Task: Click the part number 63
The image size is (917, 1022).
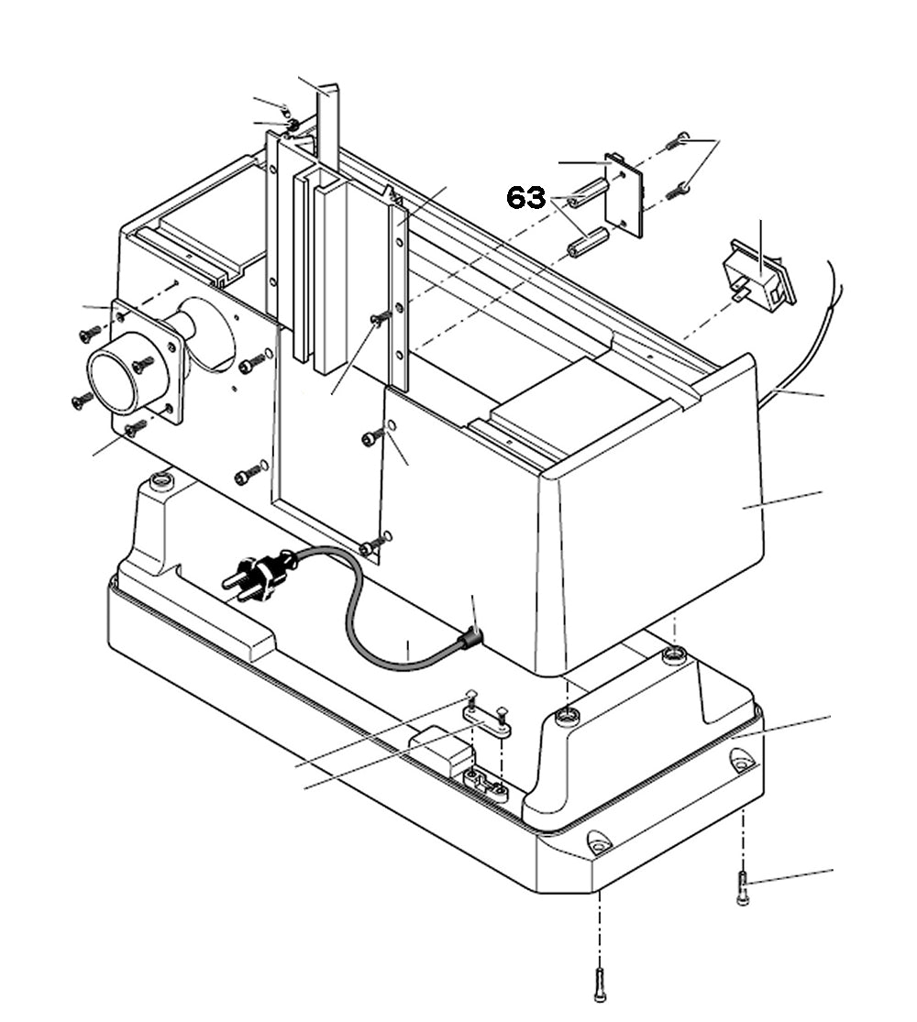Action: pos(526,198)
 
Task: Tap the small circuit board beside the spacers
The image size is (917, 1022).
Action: pos(624,193)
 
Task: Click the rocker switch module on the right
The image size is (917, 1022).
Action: pos(758,276)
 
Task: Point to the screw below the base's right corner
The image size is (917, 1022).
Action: pos(743,888)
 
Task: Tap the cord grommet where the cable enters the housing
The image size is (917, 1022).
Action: pos(471,638)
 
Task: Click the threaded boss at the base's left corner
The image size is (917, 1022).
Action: pos(162,480)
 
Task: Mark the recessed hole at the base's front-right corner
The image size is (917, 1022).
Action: pos(599,841)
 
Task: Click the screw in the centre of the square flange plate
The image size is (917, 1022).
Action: pos(143,365)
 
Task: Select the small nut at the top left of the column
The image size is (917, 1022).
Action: pos(292,124)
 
